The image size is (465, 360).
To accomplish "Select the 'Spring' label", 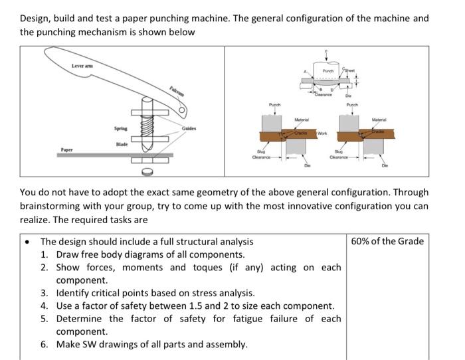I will tap(120, 128).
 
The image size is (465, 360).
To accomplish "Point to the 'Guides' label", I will tap(189, 128).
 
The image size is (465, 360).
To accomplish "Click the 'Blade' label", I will tap(122, 143).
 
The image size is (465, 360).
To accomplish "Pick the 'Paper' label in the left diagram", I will tap(67, 150).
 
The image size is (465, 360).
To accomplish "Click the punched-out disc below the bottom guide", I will tap(147, 171).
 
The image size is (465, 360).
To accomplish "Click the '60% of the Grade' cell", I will tap(388, 241).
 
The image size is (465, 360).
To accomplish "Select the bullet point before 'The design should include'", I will tap(26, 242).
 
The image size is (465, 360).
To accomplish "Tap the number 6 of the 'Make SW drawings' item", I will tap(44, 344).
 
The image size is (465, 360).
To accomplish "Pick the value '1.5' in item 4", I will tap(193, 306).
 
